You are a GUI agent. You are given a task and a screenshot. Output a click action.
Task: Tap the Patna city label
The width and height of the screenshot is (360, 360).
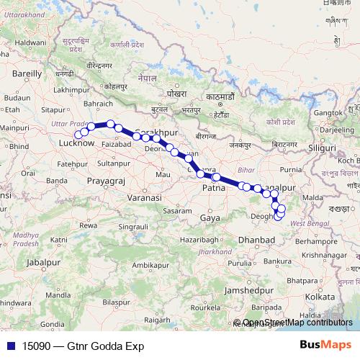click(214, 188)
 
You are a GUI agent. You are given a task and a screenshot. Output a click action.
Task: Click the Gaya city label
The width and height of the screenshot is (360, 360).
click(210, 217)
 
